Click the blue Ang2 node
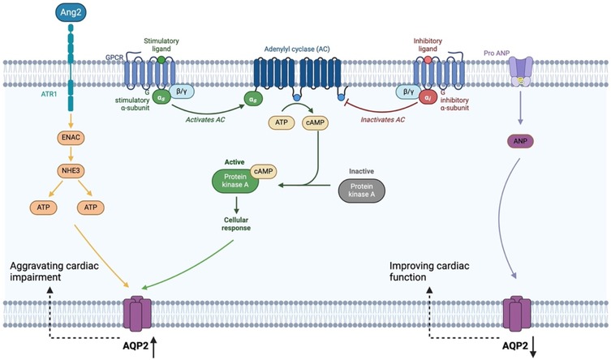71,12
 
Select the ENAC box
71,137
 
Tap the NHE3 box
71,171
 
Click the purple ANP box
520,141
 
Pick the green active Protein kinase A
235,181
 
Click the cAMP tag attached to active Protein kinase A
264,171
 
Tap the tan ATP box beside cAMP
282,122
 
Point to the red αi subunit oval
428,97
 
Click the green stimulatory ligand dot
161,60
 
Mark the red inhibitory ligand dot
428,60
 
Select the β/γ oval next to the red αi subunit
408,92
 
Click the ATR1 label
49,94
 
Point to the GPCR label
114,58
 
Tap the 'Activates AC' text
205,120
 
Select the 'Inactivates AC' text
383,120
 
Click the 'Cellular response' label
236,224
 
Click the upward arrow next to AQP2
153,347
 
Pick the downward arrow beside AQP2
533,347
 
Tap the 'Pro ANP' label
497,53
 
